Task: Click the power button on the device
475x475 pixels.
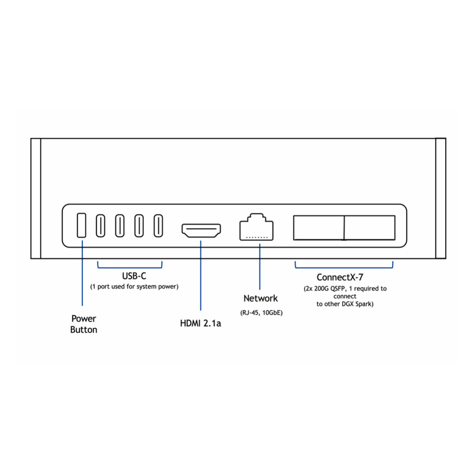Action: (x=81, y=225)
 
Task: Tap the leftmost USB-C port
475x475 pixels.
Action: (x=100, y=226)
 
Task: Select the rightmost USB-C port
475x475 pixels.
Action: (x=158, y=226)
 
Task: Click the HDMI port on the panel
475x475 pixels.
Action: (x=201, y=231)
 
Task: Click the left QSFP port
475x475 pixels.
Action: (x=319, y=227)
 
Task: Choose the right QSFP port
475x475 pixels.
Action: (x=370, y=227)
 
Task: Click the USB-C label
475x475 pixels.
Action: (x=134, y=277)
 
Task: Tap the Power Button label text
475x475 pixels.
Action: (x=84, y=324)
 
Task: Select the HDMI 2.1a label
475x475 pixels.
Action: (x=200, y=323)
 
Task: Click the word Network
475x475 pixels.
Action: (x=261, y=298)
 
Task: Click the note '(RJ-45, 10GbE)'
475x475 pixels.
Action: (x=261, y=313)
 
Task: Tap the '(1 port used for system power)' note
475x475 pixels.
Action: (x=134, y=286)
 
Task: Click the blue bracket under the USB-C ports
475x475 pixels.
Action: (x=130, y=267)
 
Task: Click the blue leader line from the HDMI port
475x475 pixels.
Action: (x=201, y=276)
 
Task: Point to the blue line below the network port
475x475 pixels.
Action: (x=260, y=267)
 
